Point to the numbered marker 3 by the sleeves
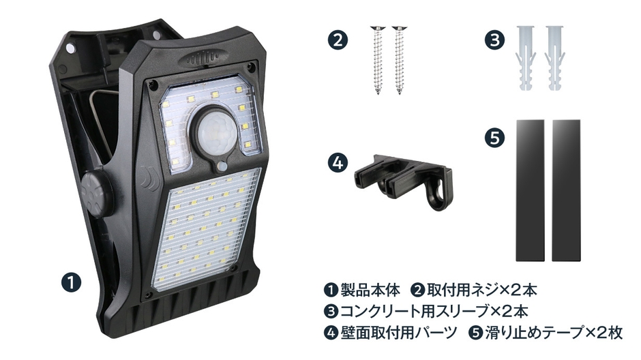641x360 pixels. pos(494,40)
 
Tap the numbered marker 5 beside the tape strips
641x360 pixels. pos(494,138)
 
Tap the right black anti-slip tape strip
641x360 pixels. pos(567,190)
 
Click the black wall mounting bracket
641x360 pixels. pos(395,175)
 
